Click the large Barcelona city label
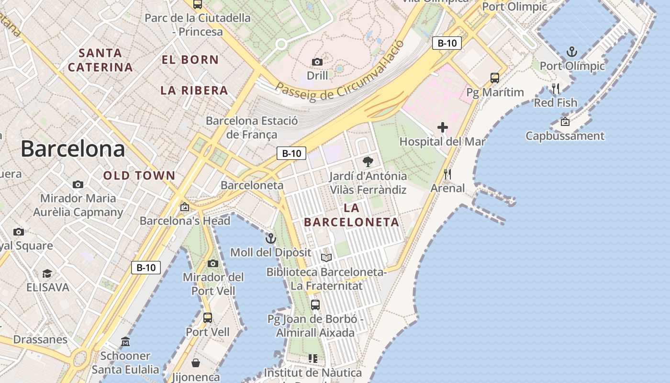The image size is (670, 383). tap(73, 149)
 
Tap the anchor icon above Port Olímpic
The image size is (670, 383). tap(571, 51)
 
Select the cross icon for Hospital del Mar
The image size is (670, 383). tap(443, 127)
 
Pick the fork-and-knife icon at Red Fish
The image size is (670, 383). tap(555, 89)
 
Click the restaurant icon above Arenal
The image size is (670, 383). tap(447, 174)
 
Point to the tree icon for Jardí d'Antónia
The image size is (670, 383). tap(368, 162)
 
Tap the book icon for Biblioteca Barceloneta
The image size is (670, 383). tap(326, 258)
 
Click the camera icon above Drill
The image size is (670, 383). tap(317, 62)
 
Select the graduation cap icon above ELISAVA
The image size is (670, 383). tap(47, 273)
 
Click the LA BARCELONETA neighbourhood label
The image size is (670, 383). tap(352, 215)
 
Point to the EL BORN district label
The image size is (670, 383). tap(190, 60)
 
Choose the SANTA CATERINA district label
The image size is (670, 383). tap(100, 60)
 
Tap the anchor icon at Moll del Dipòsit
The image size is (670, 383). tap(271, 238)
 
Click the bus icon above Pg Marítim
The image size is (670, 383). tap(495, 78)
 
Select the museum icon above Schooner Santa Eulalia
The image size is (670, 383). tap(125, 341)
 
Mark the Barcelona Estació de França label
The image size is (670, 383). tap(252, 127)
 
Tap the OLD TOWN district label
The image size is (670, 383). tap(139, 176)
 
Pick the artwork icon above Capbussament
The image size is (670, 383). tap(565, 122)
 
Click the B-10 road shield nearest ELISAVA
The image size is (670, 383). tap(146, 268)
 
